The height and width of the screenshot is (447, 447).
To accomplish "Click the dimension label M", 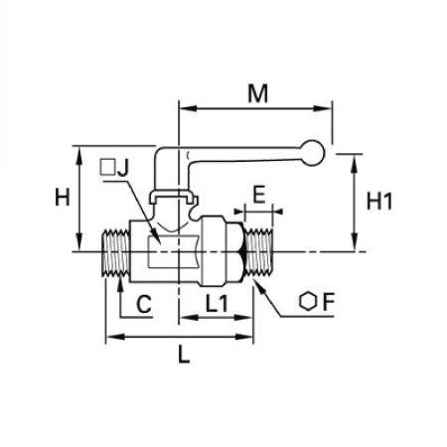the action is (x=257, y=93).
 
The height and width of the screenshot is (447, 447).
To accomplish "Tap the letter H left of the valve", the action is (x=63, y=197).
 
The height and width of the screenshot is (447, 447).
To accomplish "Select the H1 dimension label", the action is (x=379, y=201).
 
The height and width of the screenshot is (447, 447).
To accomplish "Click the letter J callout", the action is (x=123, y=168).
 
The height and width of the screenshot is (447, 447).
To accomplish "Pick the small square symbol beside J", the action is (x=107, y=168).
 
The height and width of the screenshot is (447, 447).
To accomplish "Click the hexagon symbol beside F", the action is (x=308, y=301).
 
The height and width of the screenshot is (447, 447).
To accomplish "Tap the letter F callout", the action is (x=328, y=302).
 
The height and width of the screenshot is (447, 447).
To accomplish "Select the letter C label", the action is (x=144, y=304).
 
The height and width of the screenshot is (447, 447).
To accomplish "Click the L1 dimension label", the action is (x=217, y=303).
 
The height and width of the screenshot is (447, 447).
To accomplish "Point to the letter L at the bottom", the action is (x=184, y=354).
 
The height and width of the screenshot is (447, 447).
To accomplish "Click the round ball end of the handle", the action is (x=312, y=153).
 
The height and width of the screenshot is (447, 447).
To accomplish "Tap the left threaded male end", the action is (x=114, y=252).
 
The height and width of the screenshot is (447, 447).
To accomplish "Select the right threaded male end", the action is (x=260, y=252).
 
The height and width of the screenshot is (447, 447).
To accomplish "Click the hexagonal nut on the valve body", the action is (x=223, y=251).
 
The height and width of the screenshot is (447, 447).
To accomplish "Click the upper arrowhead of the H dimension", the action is (x=78, y=155).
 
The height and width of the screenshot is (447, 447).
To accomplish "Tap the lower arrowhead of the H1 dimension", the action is (x=355, y=242).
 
